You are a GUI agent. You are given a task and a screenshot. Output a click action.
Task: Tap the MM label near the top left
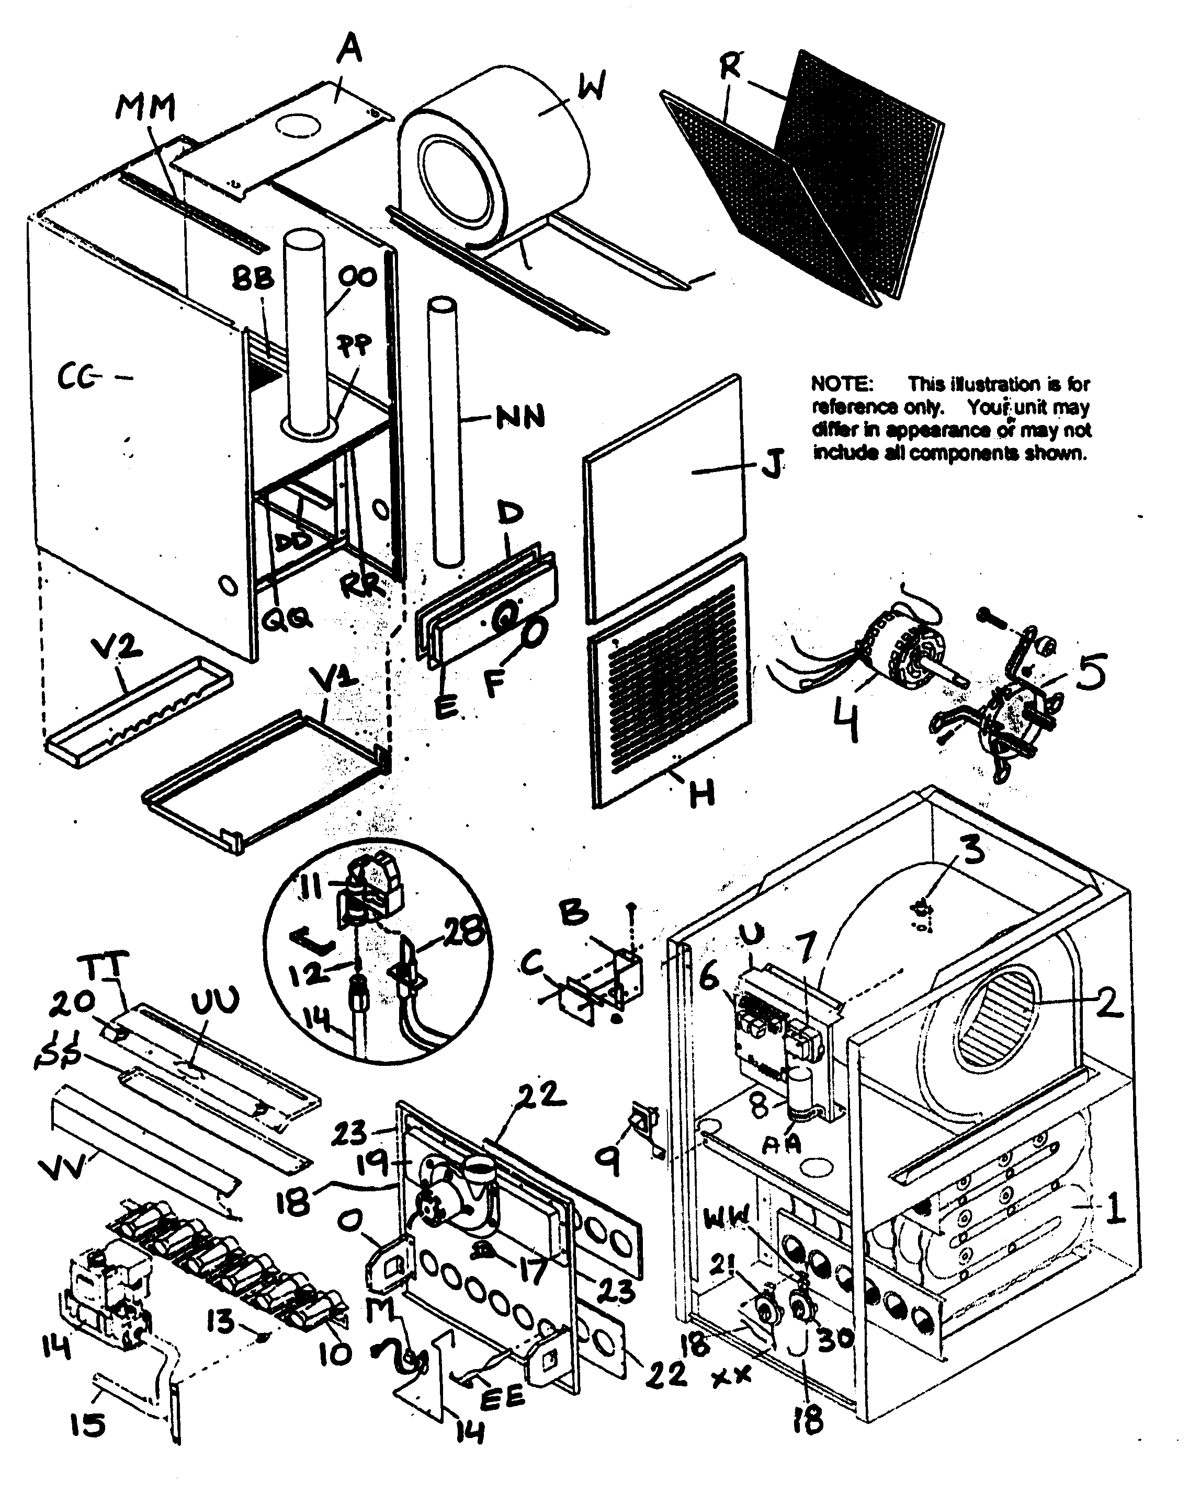145,107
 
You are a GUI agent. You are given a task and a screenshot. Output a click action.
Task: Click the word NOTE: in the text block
842,383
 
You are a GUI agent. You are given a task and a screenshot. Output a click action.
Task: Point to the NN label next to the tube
520,418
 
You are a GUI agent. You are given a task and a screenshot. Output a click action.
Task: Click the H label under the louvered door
701,794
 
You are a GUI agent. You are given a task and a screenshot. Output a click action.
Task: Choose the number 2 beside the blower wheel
1109,1002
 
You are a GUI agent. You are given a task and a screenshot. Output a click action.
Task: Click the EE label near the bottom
503,1398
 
